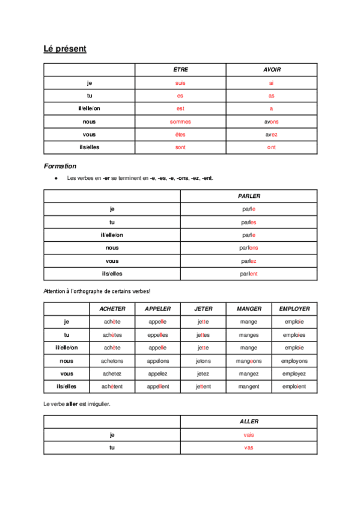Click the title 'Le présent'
click(x=65, y=49)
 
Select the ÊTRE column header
click(x=180, y=70)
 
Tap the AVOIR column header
click(x=272, y=70)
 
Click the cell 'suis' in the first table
click(x=180, y=83)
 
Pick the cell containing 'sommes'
click(x=180, y=121)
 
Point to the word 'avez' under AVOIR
click(x=272, y=135)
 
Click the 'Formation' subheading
click(x=60, y=166)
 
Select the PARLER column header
click(x=249, y=196)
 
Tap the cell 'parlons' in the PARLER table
click(x=249, y=248)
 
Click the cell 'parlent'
click(x=249, y=274)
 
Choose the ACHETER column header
click(x=112, y=309)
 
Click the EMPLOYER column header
click(x=294, y=309)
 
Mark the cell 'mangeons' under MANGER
click(x=249, y=361)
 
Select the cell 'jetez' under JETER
click(x=203, y=373)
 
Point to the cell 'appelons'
click(x=158, y=361)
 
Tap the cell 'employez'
click(x=294, y=373)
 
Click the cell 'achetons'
click(x=112, y=361)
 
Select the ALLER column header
click(x=249, y=422)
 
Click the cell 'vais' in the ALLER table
click(x=249, y=435)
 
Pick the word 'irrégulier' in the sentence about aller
click(x=99, y=404)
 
